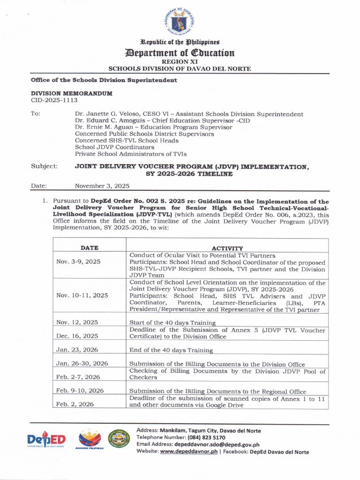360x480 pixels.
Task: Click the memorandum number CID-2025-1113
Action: (54, 100)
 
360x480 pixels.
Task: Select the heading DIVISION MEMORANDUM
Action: (72, 93)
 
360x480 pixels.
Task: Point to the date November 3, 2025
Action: (102, 186)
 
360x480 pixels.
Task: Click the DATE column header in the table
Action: (89, 247)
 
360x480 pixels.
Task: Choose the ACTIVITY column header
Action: (227, 248)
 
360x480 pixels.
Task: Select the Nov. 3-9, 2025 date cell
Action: (78, 262)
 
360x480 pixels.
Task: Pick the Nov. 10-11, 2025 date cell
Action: (82, 295)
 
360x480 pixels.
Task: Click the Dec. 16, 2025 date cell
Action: (77, 336)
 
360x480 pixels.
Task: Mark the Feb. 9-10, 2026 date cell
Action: (80, 390)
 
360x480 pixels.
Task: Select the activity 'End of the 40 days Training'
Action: (171, 350)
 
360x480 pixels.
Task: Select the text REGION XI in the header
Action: (180, 61)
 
